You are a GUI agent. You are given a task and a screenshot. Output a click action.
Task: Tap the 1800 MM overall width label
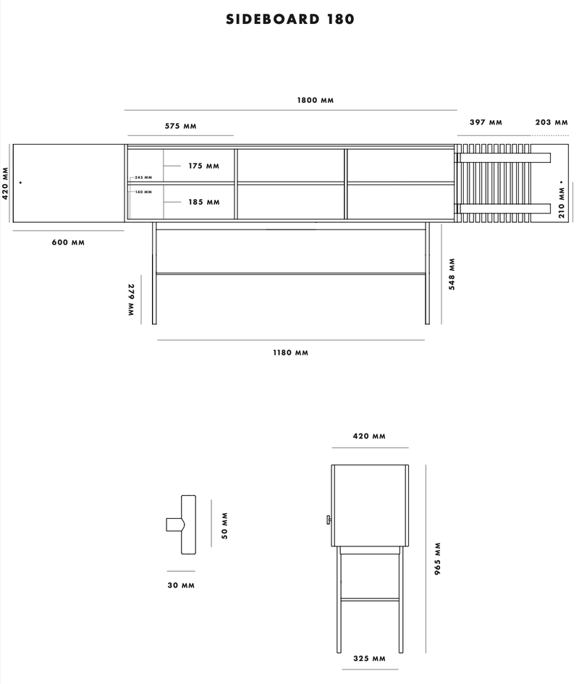point(316,100)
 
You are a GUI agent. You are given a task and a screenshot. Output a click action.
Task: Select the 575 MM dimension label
point(180,126)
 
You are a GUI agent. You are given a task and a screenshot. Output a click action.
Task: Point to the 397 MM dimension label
point(486,122)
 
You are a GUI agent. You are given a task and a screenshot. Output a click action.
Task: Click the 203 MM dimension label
point(551,122)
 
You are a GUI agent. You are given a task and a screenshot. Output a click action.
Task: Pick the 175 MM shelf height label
point(203,166)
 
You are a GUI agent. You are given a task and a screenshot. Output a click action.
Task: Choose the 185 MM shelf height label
point(203,202)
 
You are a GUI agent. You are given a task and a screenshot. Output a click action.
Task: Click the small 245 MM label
point(143,177)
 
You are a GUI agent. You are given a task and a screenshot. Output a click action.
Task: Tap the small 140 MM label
point(143,192)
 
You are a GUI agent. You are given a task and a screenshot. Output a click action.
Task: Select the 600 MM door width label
point(68,242)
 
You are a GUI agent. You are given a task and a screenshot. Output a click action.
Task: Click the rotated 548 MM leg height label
point(452,274)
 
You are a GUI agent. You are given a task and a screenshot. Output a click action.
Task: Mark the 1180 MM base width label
point(291,352)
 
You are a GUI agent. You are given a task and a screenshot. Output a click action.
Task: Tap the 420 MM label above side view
point(369,436)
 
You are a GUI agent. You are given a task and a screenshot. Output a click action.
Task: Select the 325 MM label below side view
point(369,659)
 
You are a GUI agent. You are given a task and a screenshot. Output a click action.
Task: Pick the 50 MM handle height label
point(224,525)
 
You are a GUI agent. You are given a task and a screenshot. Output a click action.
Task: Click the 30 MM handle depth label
point(180,585)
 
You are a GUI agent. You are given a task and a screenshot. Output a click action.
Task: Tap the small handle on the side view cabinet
point(328,520)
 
